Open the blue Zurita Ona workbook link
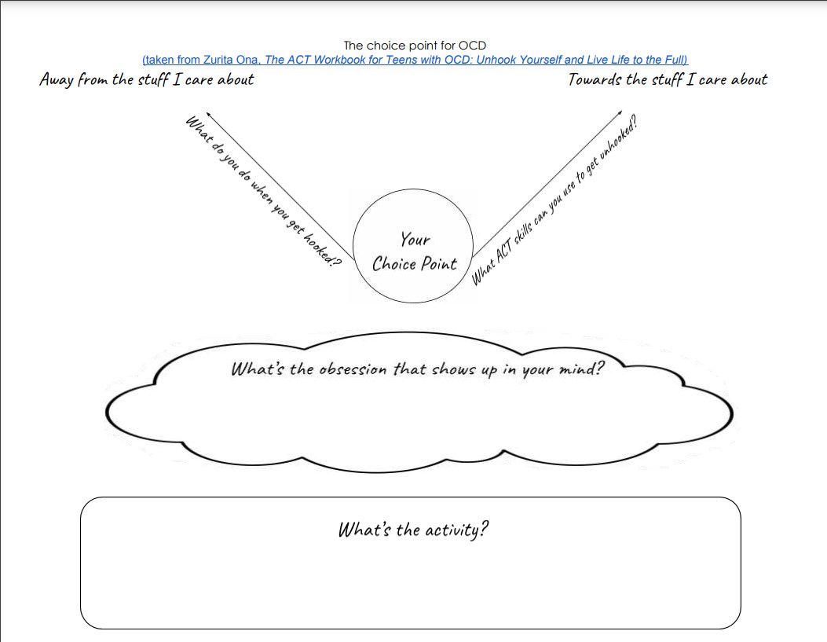point(415,60)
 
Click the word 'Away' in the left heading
point(57,80)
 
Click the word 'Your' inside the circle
point(415,239)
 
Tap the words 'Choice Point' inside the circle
point(415,264)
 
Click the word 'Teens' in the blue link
point(423,60)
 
